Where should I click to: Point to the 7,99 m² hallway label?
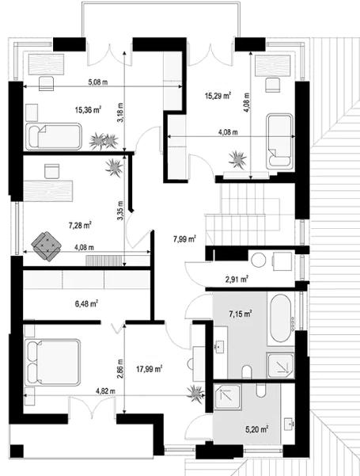point(185,238)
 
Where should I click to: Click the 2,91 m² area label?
point(237,279)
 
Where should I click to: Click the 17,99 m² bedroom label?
point(149,367)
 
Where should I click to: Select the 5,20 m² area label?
point(254,429)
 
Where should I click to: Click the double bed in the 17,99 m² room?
point(53,361)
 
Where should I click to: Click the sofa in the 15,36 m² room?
point(54,136)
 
